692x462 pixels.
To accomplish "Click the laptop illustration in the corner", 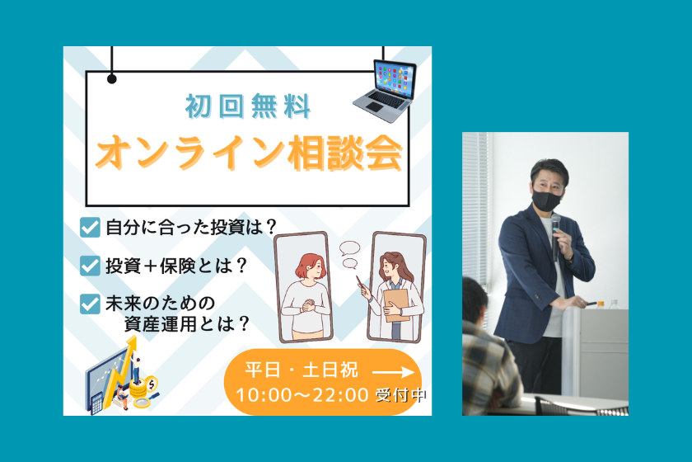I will [x=385, y=85].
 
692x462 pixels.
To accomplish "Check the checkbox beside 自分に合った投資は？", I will [x=90, y=228].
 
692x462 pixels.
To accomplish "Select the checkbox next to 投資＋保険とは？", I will [x=90, y=266].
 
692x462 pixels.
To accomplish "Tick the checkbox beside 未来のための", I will [x=90, y=303].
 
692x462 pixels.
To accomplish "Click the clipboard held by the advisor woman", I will [x=397, y=304].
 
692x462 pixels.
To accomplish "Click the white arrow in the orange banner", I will [x=394, y=371].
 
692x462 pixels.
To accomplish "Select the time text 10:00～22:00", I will [x=302, y=395].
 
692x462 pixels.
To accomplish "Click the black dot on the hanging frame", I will [x=112, y=79].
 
